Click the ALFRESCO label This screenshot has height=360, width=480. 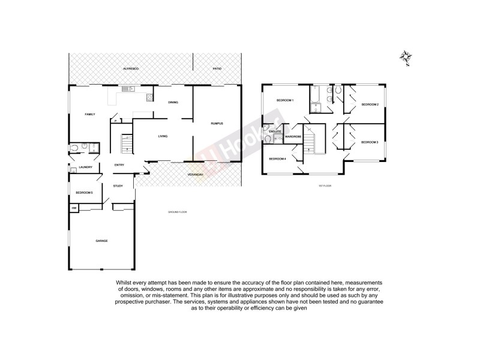coord(131,70)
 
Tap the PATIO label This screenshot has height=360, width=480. coord(217,70)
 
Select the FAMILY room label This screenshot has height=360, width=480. coord(90,114)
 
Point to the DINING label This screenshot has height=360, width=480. coord(173,103)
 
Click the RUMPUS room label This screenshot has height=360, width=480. coord(217,124)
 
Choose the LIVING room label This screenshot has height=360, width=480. coord(163,136)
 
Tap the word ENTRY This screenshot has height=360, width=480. coord(119,165)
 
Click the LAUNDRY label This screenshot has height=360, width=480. coord(85,167)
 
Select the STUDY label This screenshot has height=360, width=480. coord(118,185)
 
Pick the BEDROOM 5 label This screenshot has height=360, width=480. coord(84,193)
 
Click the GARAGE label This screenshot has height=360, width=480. coord(101,241)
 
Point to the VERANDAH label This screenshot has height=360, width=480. coord(195,175)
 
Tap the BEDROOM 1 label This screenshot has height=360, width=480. coord(284,101)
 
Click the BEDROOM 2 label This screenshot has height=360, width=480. coord(370,105)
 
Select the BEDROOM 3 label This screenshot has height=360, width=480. coord(369,142)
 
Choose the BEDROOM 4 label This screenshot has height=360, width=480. coord(277,159)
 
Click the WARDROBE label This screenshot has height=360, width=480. coord(293,137)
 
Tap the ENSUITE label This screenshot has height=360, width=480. coord(275,131)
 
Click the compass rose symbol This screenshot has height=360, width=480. coord(407,58)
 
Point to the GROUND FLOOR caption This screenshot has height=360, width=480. coord(178,212)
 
